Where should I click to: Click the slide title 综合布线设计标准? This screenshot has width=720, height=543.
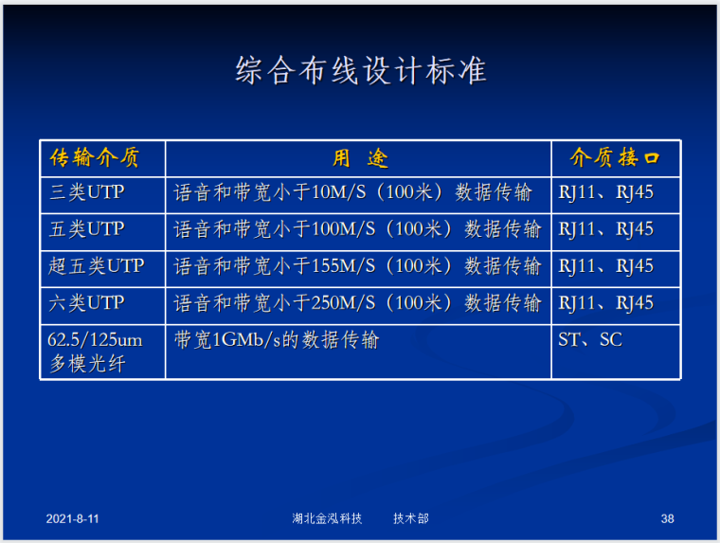point(360,72)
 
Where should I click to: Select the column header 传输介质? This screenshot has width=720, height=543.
point(94,157)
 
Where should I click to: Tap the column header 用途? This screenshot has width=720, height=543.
point(359,157)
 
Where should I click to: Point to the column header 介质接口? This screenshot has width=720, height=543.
point(614,157)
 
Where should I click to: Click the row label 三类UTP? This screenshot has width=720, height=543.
point(87,192)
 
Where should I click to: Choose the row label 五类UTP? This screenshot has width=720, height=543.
point(87,229)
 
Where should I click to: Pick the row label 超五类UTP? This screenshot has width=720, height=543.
point(97,266)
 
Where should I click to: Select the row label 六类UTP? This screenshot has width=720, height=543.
point(87,303)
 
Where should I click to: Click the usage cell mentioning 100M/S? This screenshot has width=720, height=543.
point(357,229)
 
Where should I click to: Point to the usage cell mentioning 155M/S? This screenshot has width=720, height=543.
point(357,266)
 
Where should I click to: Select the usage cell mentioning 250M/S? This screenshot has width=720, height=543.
point(357,303)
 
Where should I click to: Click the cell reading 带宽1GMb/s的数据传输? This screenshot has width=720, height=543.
point(276,339)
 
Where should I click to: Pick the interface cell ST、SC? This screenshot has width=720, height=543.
point(589,339)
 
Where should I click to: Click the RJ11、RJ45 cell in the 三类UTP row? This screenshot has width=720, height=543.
point(605,192)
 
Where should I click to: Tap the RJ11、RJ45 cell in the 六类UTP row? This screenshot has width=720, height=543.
point(605,303)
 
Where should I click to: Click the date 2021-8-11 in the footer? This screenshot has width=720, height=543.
point(73,519)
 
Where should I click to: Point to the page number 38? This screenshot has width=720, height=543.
point(667,519)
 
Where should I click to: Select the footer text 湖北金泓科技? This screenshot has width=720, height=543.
point(328,519)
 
